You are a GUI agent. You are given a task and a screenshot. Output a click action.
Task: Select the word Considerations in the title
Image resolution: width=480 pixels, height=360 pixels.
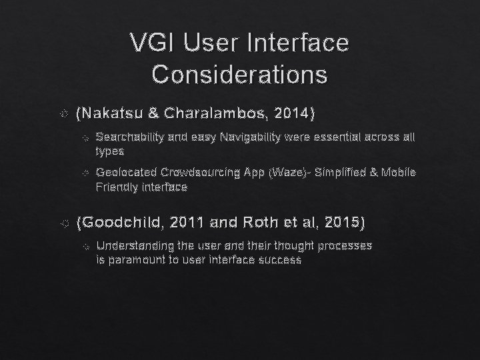pos(239,73)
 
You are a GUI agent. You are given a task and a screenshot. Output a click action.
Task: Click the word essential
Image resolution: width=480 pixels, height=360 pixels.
pos(320,137)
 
